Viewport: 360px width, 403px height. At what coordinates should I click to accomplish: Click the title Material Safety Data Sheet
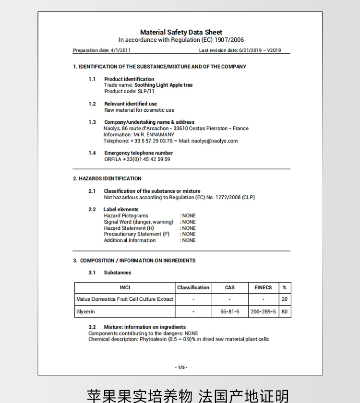coord(181,32)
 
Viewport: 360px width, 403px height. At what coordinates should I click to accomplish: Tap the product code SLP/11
coord(144,91)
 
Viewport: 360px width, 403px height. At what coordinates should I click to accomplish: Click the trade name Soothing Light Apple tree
coord(163,85)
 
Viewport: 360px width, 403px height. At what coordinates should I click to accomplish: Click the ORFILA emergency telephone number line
coord(137,159)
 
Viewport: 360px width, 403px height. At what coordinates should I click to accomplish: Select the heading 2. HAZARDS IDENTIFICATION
coord(107,178)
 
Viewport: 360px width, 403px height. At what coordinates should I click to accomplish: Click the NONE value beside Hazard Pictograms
coord(189,216)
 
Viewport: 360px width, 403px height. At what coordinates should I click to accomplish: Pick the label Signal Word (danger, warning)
coord(138,222)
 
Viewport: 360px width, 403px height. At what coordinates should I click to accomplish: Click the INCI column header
coord(125,288)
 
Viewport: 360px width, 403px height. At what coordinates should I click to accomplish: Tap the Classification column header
coord(193,288)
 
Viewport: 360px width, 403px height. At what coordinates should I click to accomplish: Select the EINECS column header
coord(263,288)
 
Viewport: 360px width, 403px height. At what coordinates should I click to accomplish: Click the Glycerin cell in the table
coord(86,312)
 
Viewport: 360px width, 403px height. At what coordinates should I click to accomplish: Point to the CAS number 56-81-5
coord(230,312)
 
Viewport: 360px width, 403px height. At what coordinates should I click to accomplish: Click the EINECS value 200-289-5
coord(263,312)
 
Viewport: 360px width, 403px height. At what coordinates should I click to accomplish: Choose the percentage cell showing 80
coord(285,312)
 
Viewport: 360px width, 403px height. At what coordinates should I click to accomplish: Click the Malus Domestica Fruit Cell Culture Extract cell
coord(124,299)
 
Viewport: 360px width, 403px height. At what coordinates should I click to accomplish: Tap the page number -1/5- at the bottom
coord(181,367)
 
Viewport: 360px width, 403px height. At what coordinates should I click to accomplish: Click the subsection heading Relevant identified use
coord(131,104)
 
